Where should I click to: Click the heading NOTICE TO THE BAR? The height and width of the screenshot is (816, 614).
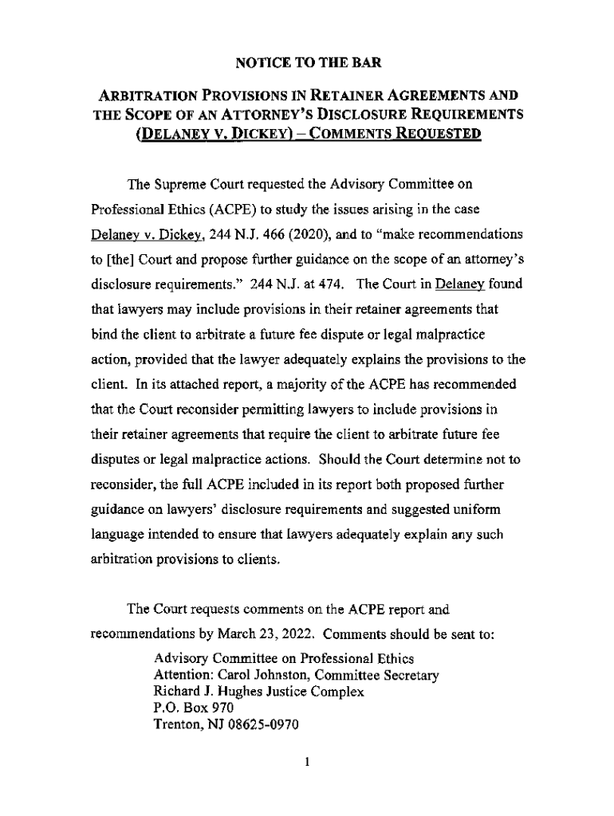pos(306,63)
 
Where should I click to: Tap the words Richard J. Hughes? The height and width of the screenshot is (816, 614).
pos(199,692)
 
